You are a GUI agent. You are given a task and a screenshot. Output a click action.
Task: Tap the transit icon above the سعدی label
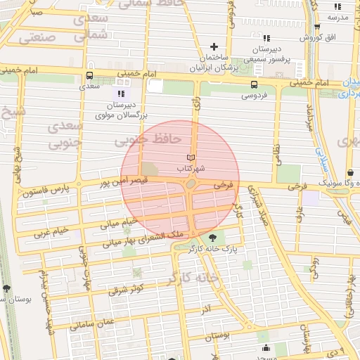(89, 75)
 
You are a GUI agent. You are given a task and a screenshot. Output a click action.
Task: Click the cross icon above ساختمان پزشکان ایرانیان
(214, 46)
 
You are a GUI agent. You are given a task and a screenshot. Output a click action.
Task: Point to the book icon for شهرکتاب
(191, 157)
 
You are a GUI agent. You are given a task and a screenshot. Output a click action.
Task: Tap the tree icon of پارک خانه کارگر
(213, 238)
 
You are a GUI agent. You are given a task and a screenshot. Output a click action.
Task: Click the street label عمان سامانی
(91, 324)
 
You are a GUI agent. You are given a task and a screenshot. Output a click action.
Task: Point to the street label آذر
(206, 309)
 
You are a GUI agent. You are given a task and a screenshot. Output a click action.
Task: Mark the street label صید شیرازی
(269, 214)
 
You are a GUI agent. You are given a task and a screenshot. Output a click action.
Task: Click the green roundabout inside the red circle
(191, 185)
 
